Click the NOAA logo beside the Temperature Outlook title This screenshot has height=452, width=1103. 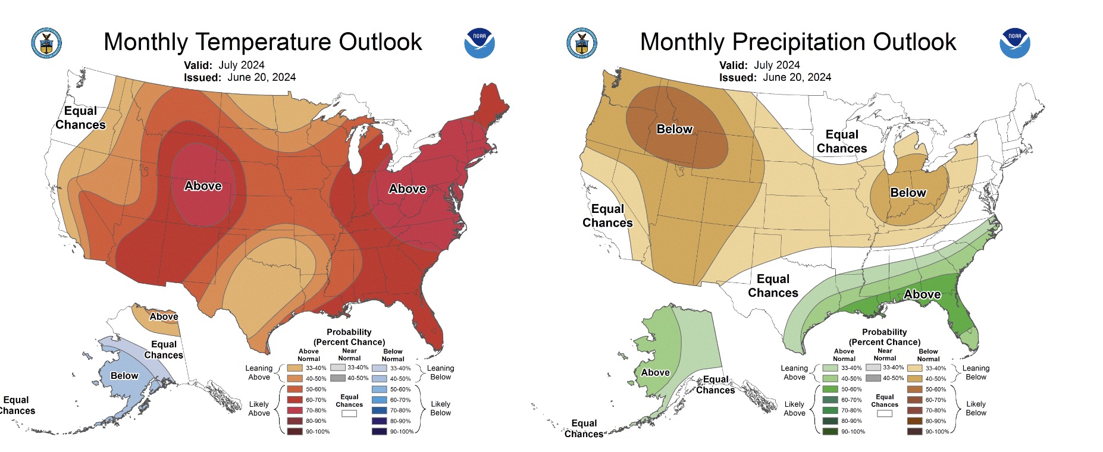[x=479, y=43]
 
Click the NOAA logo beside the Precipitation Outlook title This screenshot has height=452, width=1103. [x=1014, y=43]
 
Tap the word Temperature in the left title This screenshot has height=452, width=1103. [x=264, y=42]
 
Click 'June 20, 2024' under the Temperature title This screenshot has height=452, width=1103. [x=261, y=77]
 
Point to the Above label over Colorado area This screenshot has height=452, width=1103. [x=203, y=186]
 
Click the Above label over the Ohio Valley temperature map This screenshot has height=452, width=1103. [x=408, y=189]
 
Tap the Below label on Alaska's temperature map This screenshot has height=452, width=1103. [x=124, y=376]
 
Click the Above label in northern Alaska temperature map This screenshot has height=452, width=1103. [x=164, y=317]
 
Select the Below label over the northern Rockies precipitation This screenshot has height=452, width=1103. [x=675, y=129]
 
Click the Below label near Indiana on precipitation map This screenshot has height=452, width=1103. [x=908, y=193]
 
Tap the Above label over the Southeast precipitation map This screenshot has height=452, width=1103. [x=922, y=294]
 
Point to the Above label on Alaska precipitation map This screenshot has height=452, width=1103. [x=655, y=373]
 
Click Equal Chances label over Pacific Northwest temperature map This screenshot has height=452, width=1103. [x=80, y=118]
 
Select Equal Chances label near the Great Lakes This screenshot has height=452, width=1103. [x=842, y=142]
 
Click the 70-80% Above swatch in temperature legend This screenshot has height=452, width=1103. [x=294, y=410]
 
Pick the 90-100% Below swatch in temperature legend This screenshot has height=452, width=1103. [x=379, y=432]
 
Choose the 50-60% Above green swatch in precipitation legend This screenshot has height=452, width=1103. [x=830, y=389]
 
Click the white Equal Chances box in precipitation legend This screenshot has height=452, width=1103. [x=884, y=413]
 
